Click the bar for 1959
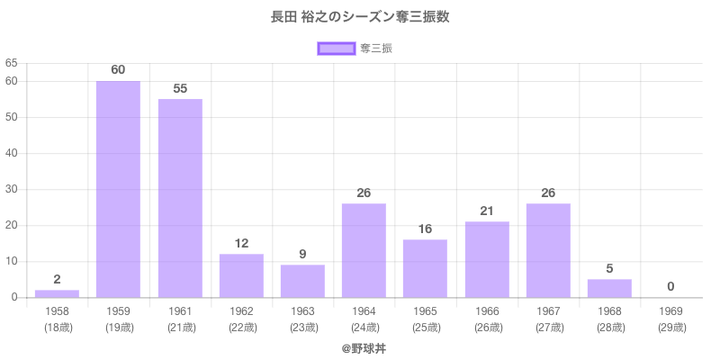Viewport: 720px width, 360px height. click(119, 189)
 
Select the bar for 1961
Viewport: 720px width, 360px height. click(180, 198)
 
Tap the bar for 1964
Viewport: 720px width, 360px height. click(364, 250)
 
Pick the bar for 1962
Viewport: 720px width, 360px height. click(241, 275)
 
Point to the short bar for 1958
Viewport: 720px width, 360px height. click(57, 293)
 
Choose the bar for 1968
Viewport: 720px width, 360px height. click(609, 288)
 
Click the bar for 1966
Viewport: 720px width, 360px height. click(487, 259)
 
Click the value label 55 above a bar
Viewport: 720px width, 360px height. click(180, 88)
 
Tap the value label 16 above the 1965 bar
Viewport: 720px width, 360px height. click(425, 229)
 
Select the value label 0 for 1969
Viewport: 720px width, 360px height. click(670, 286)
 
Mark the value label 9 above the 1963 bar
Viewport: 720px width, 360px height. click(302, 254)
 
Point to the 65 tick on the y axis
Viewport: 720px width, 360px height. click(12, 63)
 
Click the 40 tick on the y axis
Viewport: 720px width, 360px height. click(12, 153)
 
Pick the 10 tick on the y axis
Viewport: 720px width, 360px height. click(12, 261)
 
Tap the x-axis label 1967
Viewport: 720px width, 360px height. click(548, 310)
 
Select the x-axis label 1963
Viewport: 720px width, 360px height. click(302, 310)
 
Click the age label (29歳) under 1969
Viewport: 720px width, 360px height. click(670, 327)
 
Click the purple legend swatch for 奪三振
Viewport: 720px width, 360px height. click(336, 49)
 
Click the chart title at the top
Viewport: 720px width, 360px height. click(360, 16)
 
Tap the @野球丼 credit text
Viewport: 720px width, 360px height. click(360, 346)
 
